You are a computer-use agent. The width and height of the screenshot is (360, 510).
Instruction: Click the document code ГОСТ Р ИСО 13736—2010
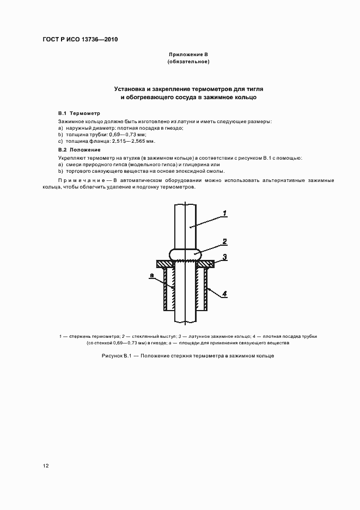coord(81,40)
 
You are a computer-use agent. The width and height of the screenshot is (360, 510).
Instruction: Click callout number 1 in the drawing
coord(225,213)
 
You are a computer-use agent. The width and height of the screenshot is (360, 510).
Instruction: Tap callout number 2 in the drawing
coord(225,241)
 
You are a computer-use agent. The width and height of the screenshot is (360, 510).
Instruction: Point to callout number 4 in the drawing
coord(225,294)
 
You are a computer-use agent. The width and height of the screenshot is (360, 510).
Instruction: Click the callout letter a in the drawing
coord(151,277)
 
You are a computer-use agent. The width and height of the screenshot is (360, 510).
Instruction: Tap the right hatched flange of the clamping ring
coord(205,264)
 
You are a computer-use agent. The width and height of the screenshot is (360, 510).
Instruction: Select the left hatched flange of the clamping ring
coord(165,264)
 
